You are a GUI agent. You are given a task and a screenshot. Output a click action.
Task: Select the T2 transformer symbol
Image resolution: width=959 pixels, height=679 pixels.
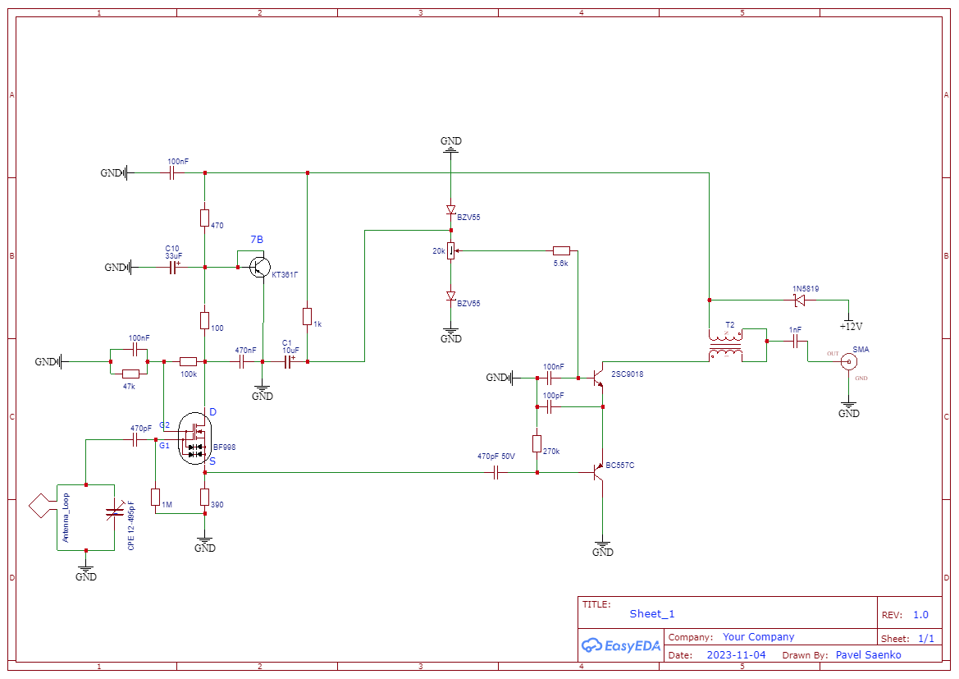726,346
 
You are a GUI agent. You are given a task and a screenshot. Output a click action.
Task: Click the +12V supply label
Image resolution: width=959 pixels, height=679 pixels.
848,326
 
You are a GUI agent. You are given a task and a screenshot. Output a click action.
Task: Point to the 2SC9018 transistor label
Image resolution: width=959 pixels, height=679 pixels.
627,374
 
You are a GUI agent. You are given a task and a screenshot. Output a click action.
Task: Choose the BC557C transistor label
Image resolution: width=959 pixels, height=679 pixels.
620,466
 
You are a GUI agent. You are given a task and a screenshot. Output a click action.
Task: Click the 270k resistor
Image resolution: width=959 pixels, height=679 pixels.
537,444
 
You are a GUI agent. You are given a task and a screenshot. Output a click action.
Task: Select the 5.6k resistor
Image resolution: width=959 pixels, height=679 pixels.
561,250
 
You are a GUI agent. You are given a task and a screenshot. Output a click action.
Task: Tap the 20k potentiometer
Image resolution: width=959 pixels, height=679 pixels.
450,250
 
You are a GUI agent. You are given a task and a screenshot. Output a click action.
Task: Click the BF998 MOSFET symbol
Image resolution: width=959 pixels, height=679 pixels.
196,437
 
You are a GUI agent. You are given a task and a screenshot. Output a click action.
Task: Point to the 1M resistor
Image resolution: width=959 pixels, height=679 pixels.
155,497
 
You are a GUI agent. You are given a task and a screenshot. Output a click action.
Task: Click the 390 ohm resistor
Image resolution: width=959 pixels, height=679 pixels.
204,497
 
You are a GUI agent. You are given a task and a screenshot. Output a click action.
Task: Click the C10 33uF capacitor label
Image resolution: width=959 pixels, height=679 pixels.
173,251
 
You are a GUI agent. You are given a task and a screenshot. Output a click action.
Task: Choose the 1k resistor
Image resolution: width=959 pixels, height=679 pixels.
307,317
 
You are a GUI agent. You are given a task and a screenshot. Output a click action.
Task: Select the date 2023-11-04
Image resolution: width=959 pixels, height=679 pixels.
736,655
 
